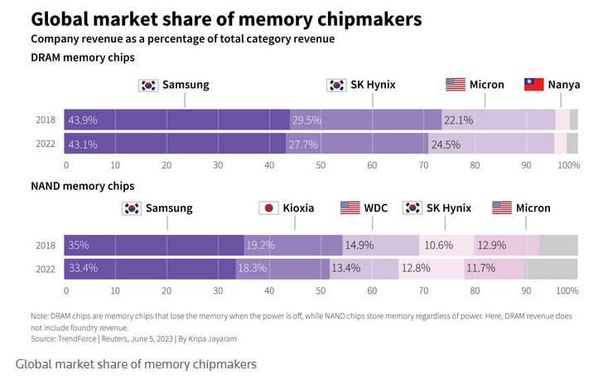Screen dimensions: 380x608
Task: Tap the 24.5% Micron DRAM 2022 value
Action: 445,144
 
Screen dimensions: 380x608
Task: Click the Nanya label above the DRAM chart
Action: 563,85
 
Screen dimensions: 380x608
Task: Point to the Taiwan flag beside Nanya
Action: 534,85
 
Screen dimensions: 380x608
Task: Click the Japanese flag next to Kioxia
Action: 268,208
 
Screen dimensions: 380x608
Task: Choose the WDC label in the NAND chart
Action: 375,208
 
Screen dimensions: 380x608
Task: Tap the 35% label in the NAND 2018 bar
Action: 79,246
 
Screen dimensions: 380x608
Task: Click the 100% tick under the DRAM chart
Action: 568,165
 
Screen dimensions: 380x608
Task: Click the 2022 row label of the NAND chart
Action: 46,269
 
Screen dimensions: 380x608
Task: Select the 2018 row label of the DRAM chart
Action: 46,120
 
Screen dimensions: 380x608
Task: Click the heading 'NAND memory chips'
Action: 82,186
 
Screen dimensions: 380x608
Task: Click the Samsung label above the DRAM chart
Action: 185,85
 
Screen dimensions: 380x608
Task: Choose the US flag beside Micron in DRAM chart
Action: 456,85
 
